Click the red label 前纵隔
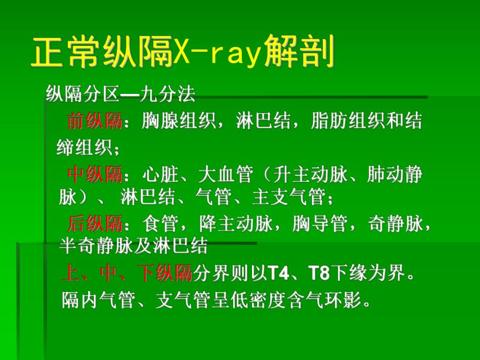(94, 122)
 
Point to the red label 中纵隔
(94, 175)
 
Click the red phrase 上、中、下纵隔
(127, 273)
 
